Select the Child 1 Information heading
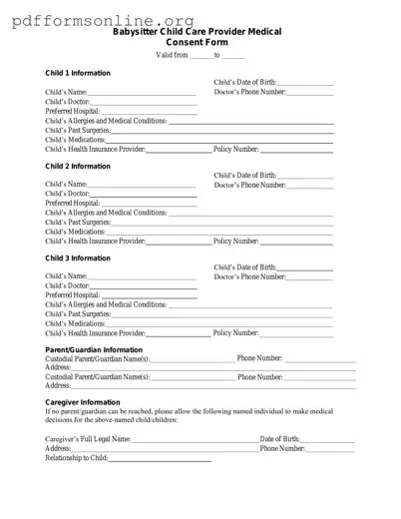(78, 74)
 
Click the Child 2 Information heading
(78, 166)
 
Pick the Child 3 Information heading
(78, 258)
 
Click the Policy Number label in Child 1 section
(236, 149)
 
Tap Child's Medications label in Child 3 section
(75, 323)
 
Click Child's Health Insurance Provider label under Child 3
(95, 332)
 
